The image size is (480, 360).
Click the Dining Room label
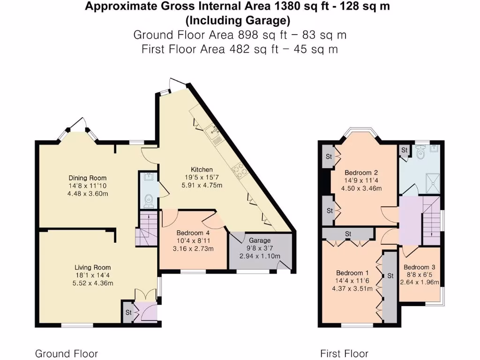[88, 178]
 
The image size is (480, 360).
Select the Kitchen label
[202, 169]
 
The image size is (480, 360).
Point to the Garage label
[260, 240]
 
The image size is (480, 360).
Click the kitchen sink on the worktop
[213, 133]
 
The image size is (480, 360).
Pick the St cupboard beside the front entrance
[127, 312]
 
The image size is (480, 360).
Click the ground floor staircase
[147, 229]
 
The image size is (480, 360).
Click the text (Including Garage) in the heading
[238, 21]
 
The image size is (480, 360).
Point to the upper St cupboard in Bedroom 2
[329, 157]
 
